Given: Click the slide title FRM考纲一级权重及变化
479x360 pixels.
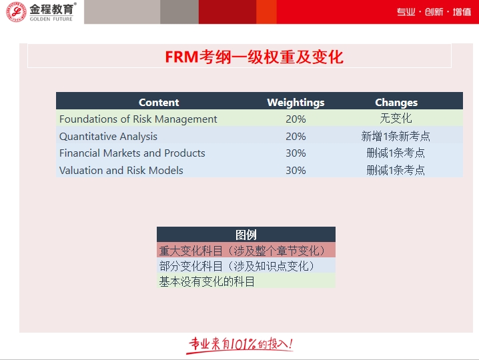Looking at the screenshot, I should tap(254, 57).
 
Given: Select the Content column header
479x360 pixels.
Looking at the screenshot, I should tap(159, 102).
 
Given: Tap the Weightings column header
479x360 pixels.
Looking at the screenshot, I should tap(296, 102).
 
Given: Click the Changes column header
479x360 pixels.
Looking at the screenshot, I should tap(396, 102).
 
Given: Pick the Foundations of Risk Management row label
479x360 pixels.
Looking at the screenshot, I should tap(138, 119).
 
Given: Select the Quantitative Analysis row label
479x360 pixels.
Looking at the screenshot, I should tap(108, 136).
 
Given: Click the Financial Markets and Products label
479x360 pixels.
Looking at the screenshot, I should tap(132, 153).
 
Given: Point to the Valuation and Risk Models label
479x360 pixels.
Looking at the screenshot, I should tap(121, 170).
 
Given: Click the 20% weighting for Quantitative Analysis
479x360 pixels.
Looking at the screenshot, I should tap(296, 136).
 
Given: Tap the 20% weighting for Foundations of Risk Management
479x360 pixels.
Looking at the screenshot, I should tap(296, 119).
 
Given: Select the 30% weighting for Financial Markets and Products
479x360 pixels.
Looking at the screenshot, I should tap(296, 153).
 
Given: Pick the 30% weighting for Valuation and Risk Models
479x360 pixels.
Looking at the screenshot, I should tap(296, 170).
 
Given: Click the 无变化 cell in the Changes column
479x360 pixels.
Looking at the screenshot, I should tap(396, 119).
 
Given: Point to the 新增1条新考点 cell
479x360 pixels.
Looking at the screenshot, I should tap(396, 136).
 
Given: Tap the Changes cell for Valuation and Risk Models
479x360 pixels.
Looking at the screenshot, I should tap(396, 170).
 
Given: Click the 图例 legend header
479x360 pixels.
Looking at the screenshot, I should tap(246, 235).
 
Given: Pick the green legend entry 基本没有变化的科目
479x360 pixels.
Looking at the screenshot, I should tap(207, 281).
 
